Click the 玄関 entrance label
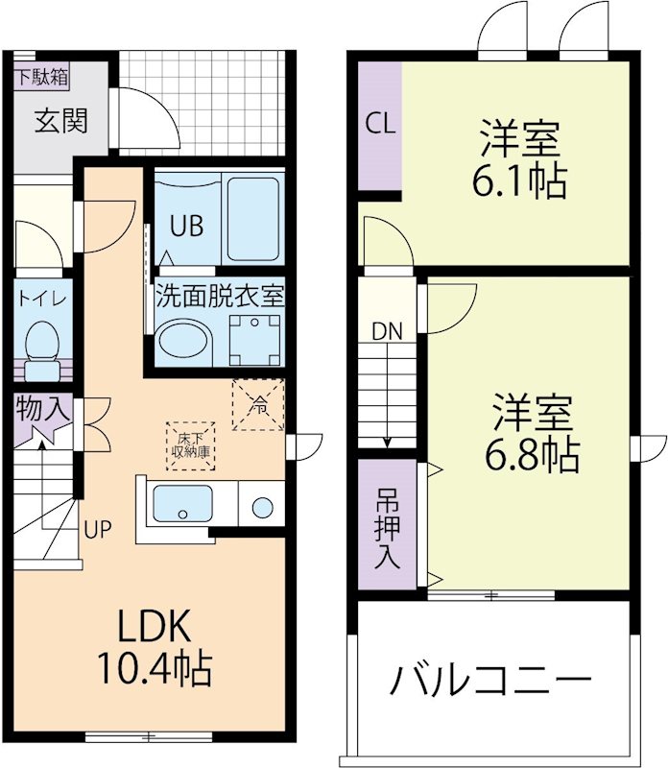pyautogui.click(x=61, y=121)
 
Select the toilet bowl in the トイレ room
pyautogui.click(x=40, y=341)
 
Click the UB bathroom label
pyautogui.click(x=186, y=227)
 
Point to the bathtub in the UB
pyautogui.click(x=253, y=220)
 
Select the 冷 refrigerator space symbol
pyautogui.click(x=258, y=405)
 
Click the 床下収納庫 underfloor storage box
pyautogui.click(x=191, y=445)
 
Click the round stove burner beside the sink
pyautogui.click(x=261, y=505)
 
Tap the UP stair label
pyautogui.click(x=96, y=528)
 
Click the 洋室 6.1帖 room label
pyautogui.click(x=519, y=159)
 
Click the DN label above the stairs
pyautogui.click(x=387, y=331)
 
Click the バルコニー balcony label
pyautogui.click(x=489, y=683)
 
